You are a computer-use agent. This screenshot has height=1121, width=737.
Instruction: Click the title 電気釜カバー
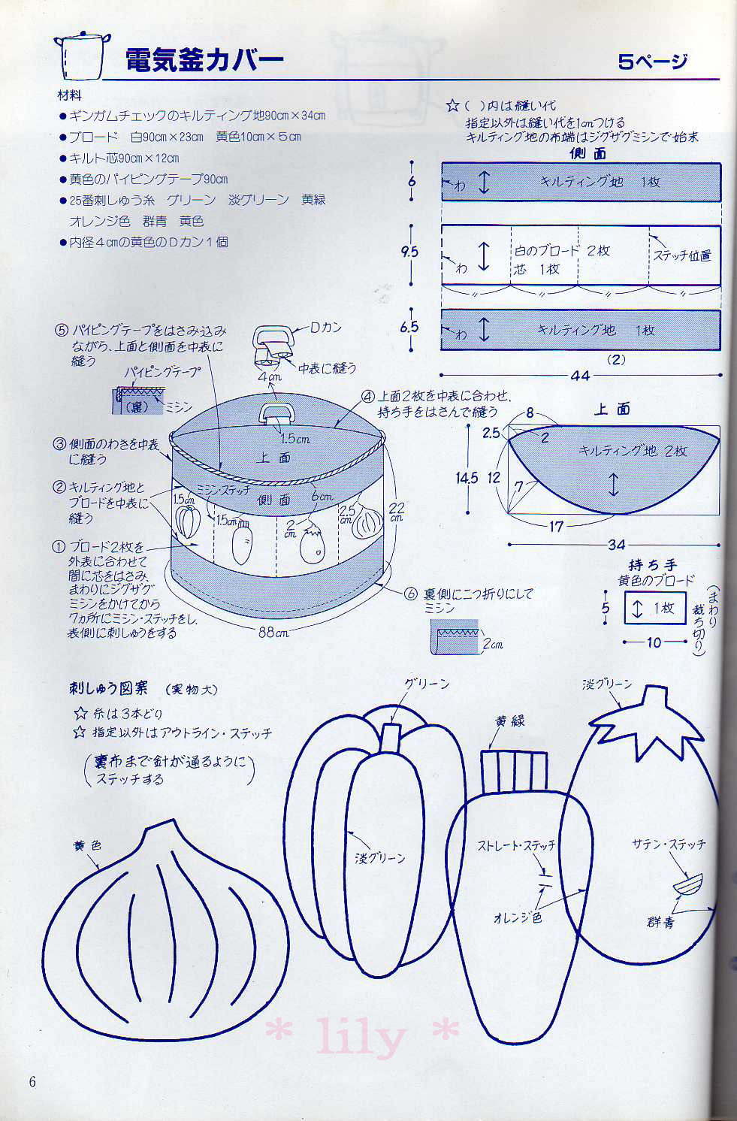click(x=204, y=59)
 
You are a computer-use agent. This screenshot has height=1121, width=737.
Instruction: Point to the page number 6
click(x=32, y=1082)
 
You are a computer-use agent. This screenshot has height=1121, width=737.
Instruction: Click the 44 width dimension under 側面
click(x=579, y=376)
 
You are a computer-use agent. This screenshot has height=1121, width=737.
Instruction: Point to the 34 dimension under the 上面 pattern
click(x=615, y=545)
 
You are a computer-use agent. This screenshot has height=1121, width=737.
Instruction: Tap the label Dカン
click(x=327, y=328)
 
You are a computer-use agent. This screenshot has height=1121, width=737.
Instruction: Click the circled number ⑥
click(x=410, y=594)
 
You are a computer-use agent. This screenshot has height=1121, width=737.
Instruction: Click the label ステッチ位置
click(x=681, y=255)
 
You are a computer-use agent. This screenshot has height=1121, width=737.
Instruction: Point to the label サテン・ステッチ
click(x=669, y=845)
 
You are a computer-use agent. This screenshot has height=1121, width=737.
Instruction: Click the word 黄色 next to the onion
click(x=87, y=845)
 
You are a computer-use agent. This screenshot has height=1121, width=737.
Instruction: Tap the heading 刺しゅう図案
click(x=108, y=687)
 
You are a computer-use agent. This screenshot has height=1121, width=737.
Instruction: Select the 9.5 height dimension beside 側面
click(x=409, y=252)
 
